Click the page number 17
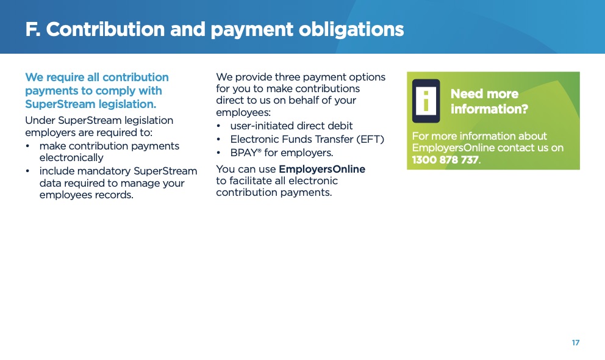575,343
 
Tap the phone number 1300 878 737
445,160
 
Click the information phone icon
426,101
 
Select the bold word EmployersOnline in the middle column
322,170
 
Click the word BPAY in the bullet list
243,153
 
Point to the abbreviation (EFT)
370,139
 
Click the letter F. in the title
33,29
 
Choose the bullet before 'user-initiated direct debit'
218,126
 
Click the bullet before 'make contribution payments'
27,146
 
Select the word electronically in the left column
71,158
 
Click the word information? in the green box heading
489,109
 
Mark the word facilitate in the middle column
251,181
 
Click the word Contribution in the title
106,29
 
